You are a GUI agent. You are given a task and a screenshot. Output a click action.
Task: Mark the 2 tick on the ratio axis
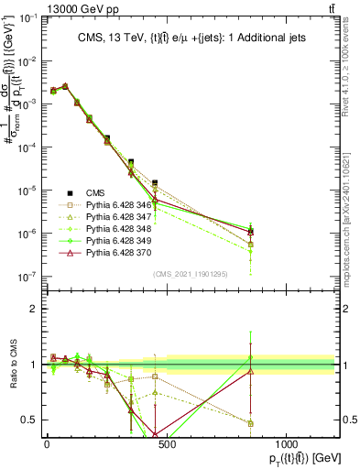pos(35,309)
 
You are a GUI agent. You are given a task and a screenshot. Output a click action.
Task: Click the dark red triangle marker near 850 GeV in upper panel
pos(251,232)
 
